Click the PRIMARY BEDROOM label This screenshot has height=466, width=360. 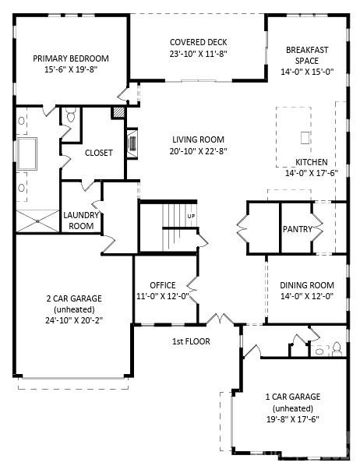[70, 58]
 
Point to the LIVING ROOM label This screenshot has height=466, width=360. [199, 140]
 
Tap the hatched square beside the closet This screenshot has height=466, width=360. [118, 113]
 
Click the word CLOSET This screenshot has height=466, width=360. [98, 153]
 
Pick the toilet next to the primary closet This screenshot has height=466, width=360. [69, 117]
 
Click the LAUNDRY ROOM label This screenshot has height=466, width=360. [79, 221]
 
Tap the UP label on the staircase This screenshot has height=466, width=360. [191, 216]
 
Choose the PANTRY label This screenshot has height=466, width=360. [298, 229]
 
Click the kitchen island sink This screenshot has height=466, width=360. [305, 138]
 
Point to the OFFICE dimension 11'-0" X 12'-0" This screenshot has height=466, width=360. [163, 297]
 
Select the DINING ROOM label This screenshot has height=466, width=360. [307, 285]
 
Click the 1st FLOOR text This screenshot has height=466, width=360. [191, 341]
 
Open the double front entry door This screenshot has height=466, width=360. [220, 319]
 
